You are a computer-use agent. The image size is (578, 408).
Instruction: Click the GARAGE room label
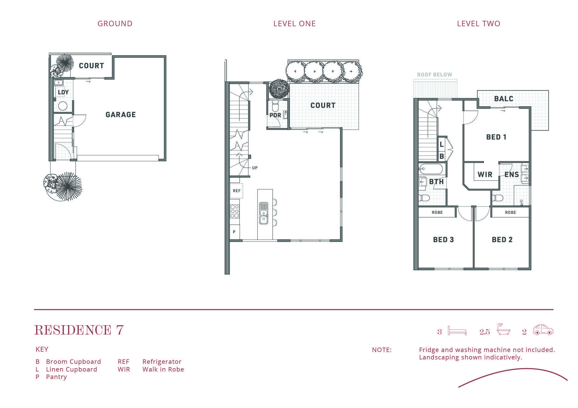(x=121, y=115)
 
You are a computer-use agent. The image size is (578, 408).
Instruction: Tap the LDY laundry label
(x=63, y=92)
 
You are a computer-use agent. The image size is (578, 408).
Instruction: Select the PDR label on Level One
(x=275, y=115)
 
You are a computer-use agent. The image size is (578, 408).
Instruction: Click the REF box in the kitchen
(x=237, y=191)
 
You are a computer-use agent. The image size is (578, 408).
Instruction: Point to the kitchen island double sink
(x=263, y=213)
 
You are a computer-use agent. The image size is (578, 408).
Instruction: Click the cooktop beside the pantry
(x=235, y=211)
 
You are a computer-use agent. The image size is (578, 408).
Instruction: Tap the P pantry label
(x=234, y=232)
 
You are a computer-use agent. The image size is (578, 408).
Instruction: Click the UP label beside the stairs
(x=255, y=168)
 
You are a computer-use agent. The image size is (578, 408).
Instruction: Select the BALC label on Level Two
(x=504, y=99)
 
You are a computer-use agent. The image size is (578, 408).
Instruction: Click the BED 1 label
(x=496, y=137)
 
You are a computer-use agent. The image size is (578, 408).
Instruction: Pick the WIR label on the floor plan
(x=485, y=174)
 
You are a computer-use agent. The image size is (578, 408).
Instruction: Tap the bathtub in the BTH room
(x=430, y=169)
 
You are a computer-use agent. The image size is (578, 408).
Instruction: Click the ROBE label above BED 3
(x=437, y=213)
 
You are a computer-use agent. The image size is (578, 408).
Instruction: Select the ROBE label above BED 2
(x=511, y=213)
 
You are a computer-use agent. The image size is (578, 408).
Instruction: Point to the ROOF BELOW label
(x=435, y=75)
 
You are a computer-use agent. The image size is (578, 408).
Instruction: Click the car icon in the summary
(x=543, y=330)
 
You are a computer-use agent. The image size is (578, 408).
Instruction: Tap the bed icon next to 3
(x=457, y=330)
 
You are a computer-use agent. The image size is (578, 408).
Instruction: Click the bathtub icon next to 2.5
(x=504, y=330)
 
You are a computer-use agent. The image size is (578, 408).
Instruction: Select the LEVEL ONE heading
(x=294, y=23)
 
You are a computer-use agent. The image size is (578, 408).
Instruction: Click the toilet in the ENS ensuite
(x=497, y=198)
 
